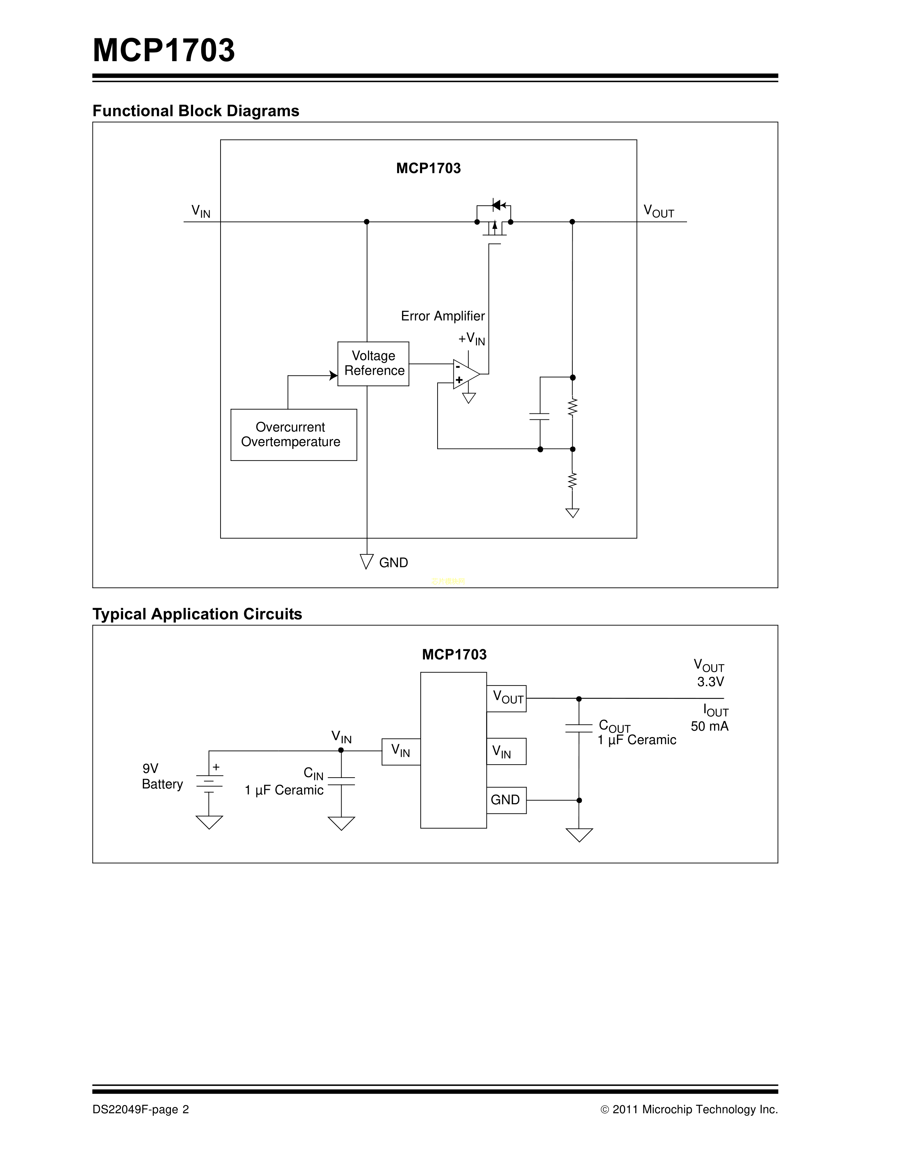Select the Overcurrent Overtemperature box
[x=293, y=434]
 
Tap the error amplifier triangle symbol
[x=465, y=374]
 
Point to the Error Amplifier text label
[x=442, y=316]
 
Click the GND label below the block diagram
[x=393, y=562]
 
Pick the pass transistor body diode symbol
[x=497, y=205]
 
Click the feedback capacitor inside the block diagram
[x=540, y=416]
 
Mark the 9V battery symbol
[x=209, y=784]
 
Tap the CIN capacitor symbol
[x=341, y=781]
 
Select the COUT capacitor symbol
[x=579, y=728]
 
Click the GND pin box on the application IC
[x=506, y=800]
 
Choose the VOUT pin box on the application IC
[x=506, y=698]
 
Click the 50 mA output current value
[x=710, y=726]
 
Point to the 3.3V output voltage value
[x=711, y=682]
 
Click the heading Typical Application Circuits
[x=197, y=614]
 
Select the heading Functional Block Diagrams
[x=196, y=110]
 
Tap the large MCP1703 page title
[x=164, y=51]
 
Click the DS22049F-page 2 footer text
[x=140, y=1109]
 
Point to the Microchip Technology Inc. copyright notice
[x=689, y=1109]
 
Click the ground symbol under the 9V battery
[x=209, y=822]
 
